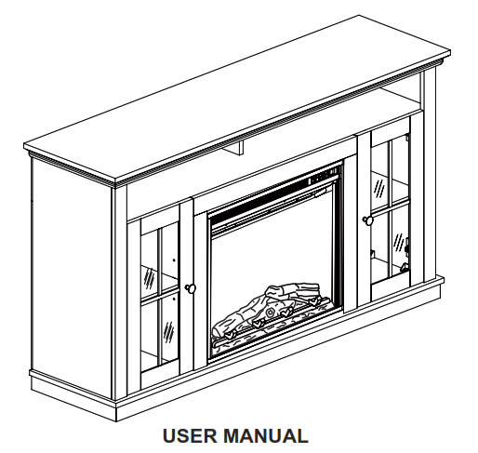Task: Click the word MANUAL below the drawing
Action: tap(265, 435)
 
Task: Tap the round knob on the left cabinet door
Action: tap(191, 288)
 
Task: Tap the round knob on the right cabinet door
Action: tap(368, 220)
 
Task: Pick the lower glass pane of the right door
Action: tap(390, 244)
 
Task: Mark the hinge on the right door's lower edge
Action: tap(405, 267)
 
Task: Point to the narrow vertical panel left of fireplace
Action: tap(200, 291)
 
